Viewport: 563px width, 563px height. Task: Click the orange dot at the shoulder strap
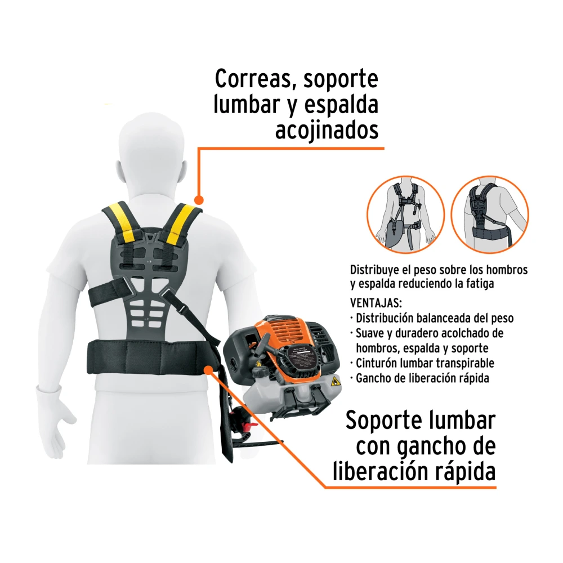tap(199, 200)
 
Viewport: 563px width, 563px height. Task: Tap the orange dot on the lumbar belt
tap(209, 370)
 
